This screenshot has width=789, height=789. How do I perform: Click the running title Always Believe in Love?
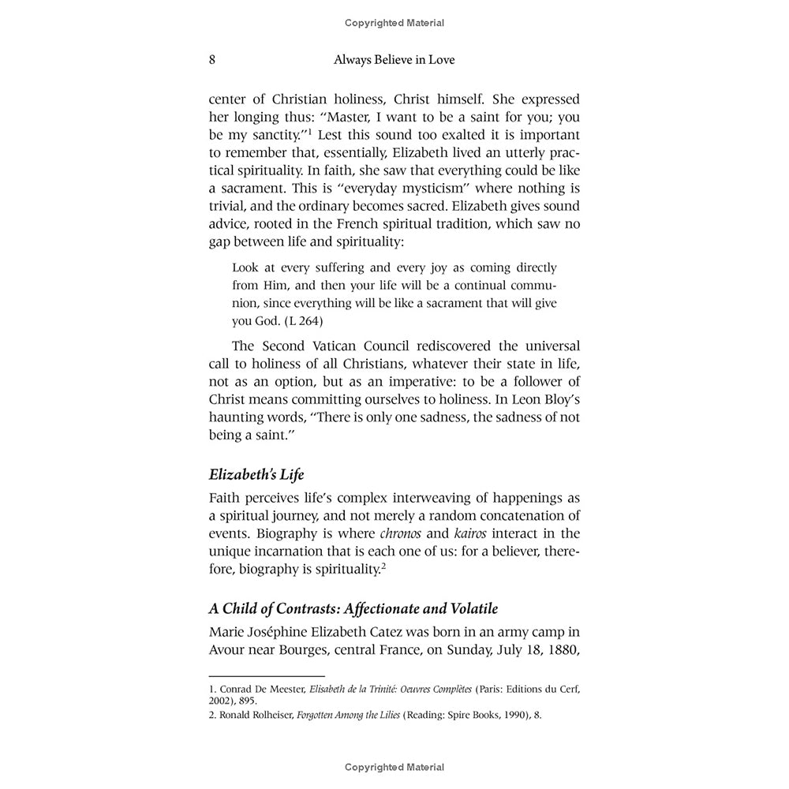(x=394, y=60)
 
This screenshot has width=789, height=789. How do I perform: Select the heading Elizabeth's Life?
(x=256, y=475)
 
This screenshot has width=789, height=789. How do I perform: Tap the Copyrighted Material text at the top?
(x=394, y=23)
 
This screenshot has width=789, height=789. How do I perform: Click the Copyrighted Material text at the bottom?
(x=394, y=767)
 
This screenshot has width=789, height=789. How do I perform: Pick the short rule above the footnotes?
(x=267, y=676)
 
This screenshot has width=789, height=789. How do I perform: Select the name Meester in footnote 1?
(x=280, y=688)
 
